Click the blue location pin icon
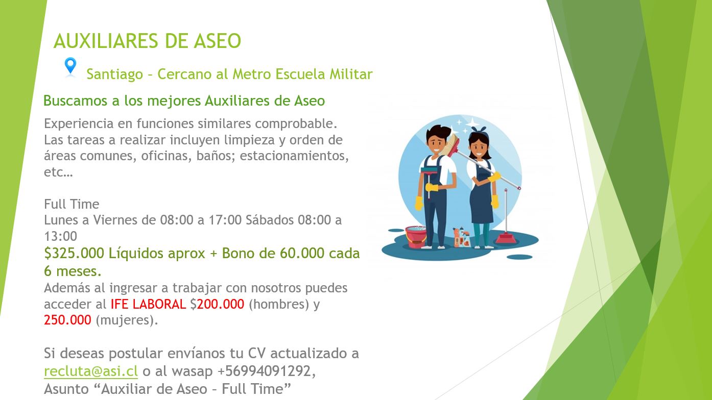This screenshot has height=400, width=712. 70,66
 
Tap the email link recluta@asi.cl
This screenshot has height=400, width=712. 91,371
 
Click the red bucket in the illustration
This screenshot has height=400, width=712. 416,237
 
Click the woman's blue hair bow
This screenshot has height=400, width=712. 479,130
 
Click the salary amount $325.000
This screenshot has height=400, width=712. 74,254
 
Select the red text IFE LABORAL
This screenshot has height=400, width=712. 148,304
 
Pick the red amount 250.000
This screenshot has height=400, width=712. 68,320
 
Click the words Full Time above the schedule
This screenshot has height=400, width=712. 72,204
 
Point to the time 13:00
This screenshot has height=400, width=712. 60,236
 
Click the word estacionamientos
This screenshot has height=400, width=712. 294,156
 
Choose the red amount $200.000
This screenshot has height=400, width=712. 217,304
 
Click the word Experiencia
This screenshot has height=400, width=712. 79,124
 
